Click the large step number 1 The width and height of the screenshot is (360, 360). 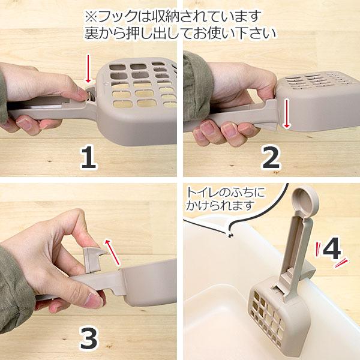[88, 157]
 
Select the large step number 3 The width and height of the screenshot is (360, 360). [89, 338]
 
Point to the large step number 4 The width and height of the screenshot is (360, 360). [332, 248]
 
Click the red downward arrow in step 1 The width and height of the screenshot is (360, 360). [88, 68]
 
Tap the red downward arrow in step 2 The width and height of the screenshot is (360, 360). [286, 113]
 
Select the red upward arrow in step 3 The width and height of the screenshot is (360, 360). [113, 252]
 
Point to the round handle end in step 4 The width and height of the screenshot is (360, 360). [305, 200]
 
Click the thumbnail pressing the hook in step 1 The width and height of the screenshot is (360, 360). [83, 94]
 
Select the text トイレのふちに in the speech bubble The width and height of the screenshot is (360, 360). [226, 193]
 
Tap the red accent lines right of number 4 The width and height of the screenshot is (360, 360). [341, 263]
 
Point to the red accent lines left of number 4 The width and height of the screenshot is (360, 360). [319, 250]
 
